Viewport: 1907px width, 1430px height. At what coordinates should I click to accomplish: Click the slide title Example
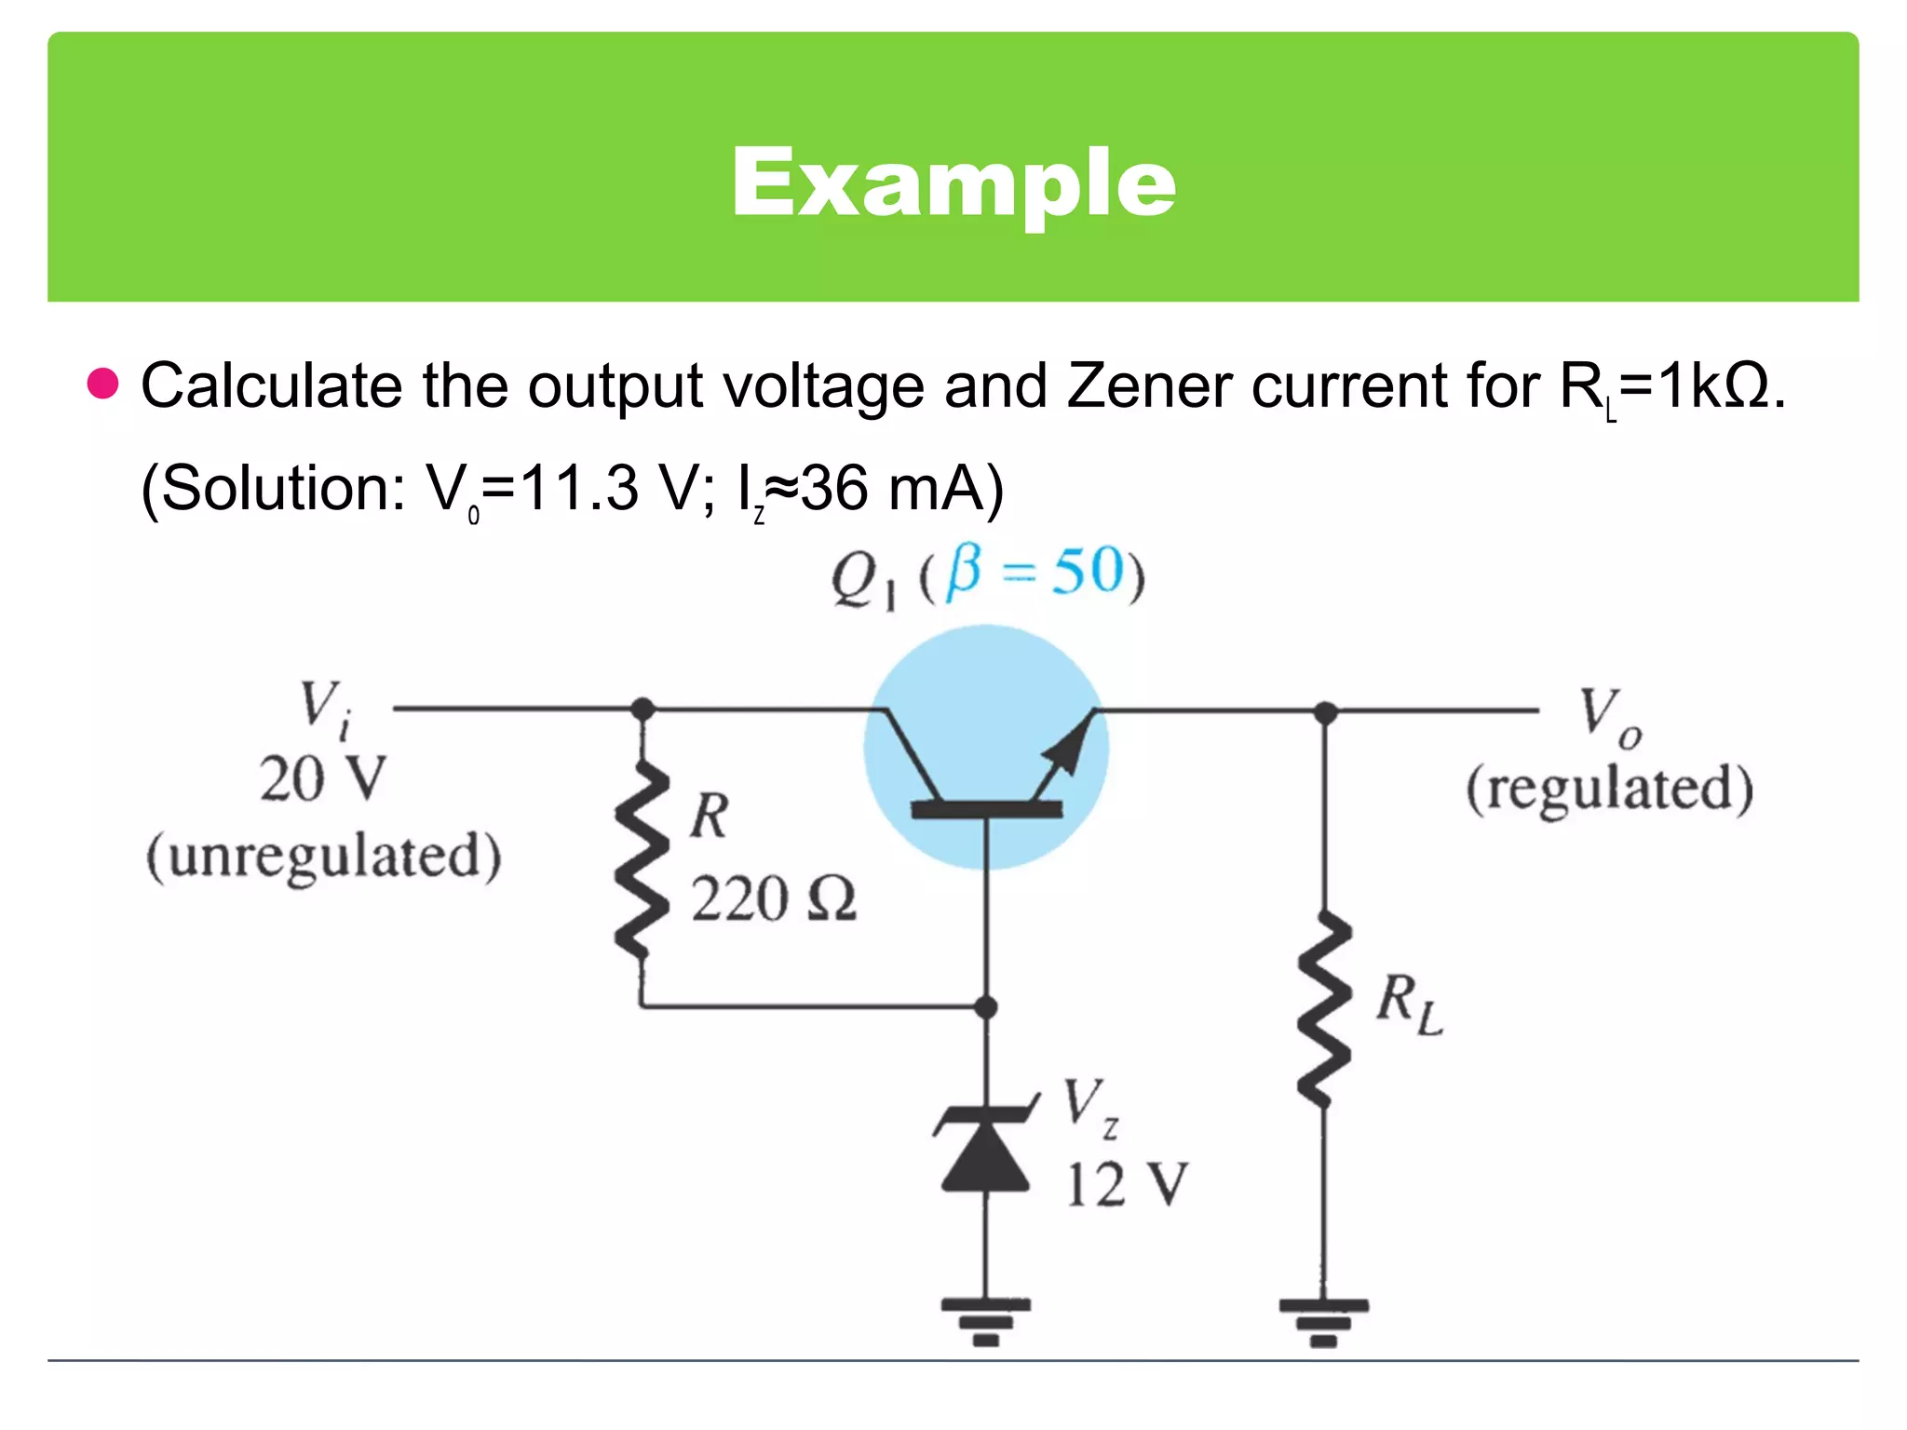(x=953, y=183)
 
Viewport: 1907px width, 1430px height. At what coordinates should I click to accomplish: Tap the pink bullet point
(x=102, y=383)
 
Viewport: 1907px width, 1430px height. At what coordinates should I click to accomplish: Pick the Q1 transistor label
(x=863, y=579)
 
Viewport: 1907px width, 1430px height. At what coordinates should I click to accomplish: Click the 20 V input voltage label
(x=322, y=778)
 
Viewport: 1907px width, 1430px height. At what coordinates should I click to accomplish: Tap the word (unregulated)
(x=323, y=856)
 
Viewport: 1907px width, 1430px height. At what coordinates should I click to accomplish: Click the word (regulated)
(x=1609, y=789)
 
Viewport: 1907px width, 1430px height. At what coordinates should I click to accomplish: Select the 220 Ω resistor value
(x=773, y=899)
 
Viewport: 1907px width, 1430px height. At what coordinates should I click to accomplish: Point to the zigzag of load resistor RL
(x=1324, y=1009)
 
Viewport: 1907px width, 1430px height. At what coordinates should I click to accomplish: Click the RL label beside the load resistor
(x=1409, y=1004)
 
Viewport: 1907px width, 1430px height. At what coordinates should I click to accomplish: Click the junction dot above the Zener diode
(x=985, y=1006)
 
